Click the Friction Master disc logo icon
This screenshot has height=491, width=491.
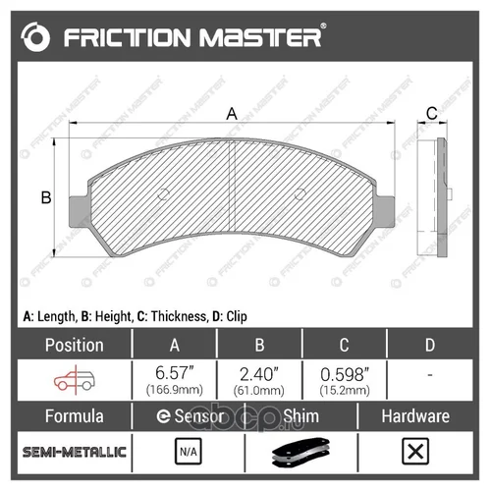[35, 37]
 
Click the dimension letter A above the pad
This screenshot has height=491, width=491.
[232, 114]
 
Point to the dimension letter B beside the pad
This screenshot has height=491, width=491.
[46, 197]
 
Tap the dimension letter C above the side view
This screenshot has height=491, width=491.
[432, 113]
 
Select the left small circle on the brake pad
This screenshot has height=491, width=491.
[163, 194]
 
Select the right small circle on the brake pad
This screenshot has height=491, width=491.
[300, 194]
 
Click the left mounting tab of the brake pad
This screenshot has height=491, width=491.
[79, 211]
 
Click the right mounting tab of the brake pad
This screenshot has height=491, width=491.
[385, 211]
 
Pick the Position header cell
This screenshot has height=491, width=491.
[75, 345]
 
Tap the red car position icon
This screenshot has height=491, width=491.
[75, 380]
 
